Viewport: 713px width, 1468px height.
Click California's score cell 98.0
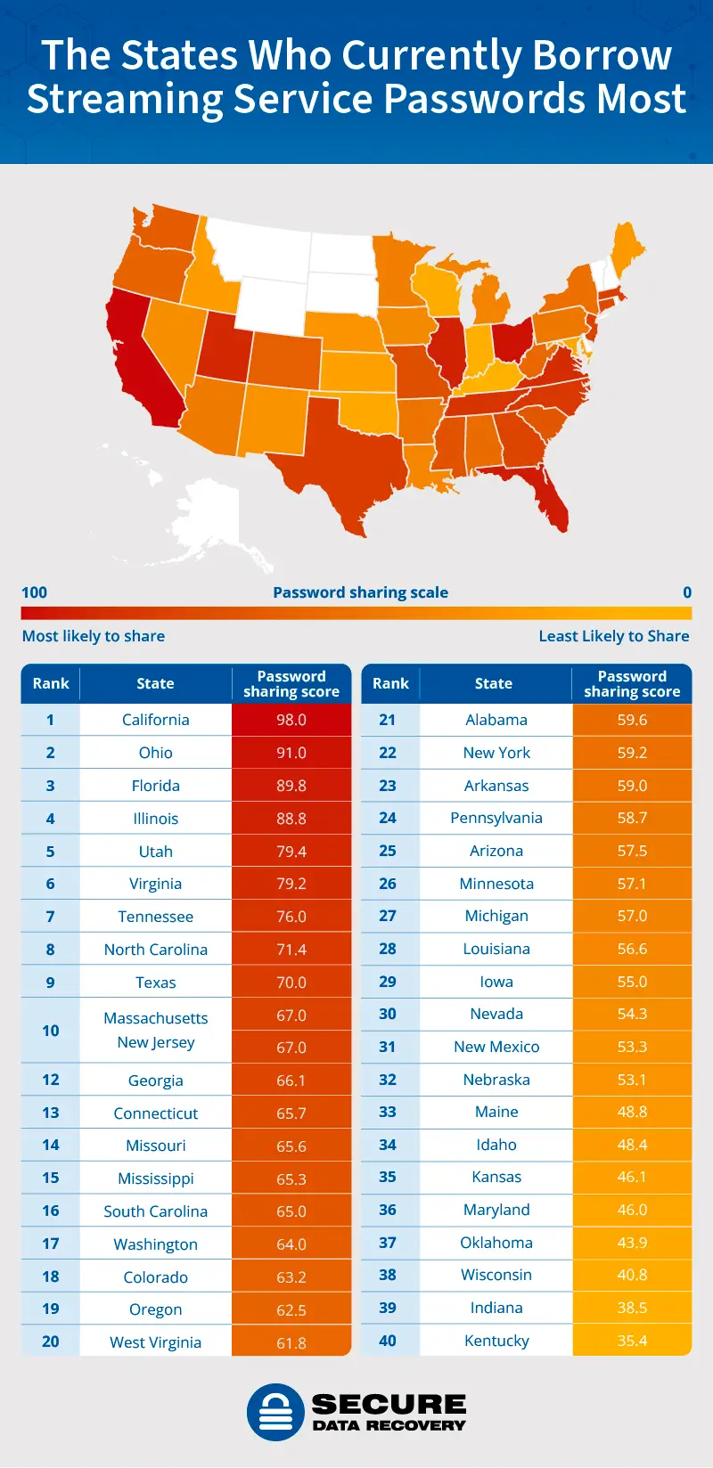click(x=291, y=720)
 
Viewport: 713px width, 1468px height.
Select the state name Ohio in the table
click(x=156, y=753)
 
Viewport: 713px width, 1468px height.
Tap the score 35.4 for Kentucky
click(x=632, y=1341)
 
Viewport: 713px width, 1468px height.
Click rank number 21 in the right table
click(x=388, y=720)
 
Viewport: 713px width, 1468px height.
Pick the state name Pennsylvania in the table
click(x=496, y=818)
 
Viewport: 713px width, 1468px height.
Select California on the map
click(x=143, y=365)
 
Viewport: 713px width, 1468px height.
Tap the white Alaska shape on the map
click(x=209, y=517)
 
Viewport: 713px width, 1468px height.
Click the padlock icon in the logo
click(x=275, y=1412)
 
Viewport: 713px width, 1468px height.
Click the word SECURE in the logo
click(x=389, y=1405)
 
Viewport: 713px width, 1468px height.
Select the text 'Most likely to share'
click(x=94, y=636)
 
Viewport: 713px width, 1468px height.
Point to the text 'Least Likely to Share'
click(x=614, y=636)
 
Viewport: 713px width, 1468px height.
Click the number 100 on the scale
click(x=34, y=592)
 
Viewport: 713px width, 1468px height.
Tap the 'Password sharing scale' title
click(x=360, y=592)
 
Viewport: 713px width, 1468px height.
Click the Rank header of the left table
click(x=51, y=683)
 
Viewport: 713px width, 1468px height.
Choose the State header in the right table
click(x=494, y=683)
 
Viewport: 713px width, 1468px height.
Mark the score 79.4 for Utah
click(x=291, y=852)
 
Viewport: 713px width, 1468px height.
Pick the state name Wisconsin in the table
click(x=496, y=1275)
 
